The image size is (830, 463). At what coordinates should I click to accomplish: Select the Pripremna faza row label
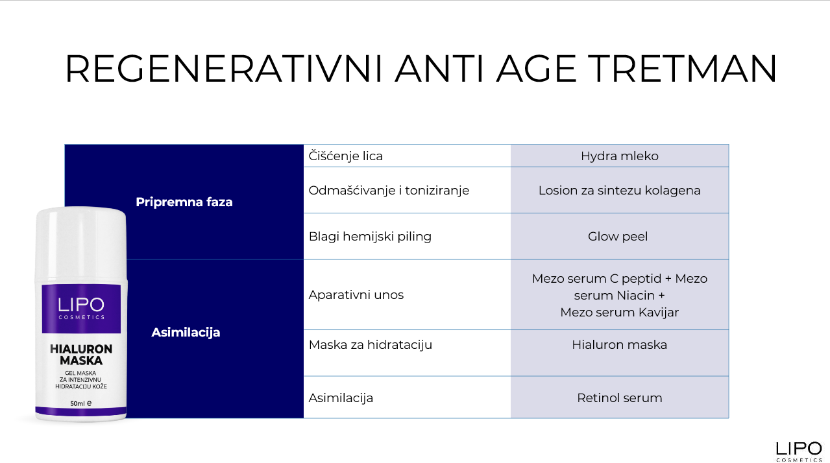184,202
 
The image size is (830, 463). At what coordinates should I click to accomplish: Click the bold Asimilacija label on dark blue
186,332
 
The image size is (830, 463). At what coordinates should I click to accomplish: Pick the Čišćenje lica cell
345,156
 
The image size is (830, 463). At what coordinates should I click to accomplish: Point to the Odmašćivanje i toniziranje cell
389,190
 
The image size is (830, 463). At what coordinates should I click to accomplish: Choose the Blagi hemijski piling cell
370,236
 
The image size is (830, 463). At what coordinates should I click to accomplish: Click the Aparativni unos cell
356,294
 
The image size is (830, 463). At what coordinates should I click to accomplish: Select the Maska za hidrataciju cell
370,344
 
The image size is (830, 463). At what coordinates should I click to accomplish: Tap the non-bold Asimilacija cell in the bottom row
341,398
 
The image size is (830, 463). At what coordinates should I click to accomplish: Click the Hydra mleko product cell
619,156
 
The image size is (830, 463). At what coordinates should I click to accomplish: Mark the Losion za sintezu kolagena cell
619,190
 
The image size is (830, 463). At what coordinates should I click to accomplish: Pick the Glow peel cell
617,236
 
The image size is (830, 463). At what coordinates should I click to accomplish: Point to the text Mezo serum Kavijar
619,312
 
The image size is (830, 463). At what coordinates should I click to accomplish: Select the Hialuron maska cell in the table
619,344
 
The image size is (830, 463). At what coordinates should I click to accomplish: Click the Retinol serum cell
619,398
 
